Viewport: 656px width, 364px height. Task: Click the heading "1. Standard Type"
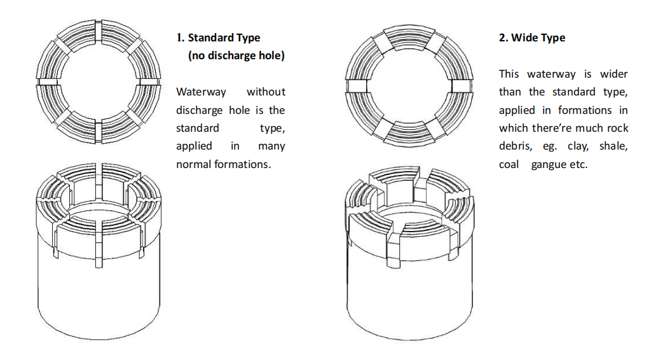point(218,38)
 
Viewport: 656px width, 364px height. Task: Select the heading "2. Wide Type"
point(531,38)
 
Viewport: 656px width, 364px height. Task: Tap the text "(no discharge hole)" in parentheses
point(236,55)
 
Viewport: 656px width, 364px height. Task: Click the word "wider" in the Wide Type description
point(614,74)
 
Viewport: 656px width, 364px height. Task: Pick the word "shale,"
point(613,146)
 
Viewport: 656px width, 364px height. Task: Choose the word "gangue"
point(550,164)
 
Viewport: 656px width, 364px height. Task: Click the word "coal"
point(509,164)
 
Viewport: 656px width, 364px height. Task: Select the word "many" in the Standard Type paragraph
point(271,146)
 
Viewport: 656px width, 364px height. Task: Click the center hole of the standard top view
point(98,82)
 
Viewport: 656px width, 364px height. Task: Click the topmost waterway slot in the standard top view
point(98,30)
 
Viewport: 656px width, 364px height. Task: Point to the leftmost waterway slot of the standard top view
point(46,82)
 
